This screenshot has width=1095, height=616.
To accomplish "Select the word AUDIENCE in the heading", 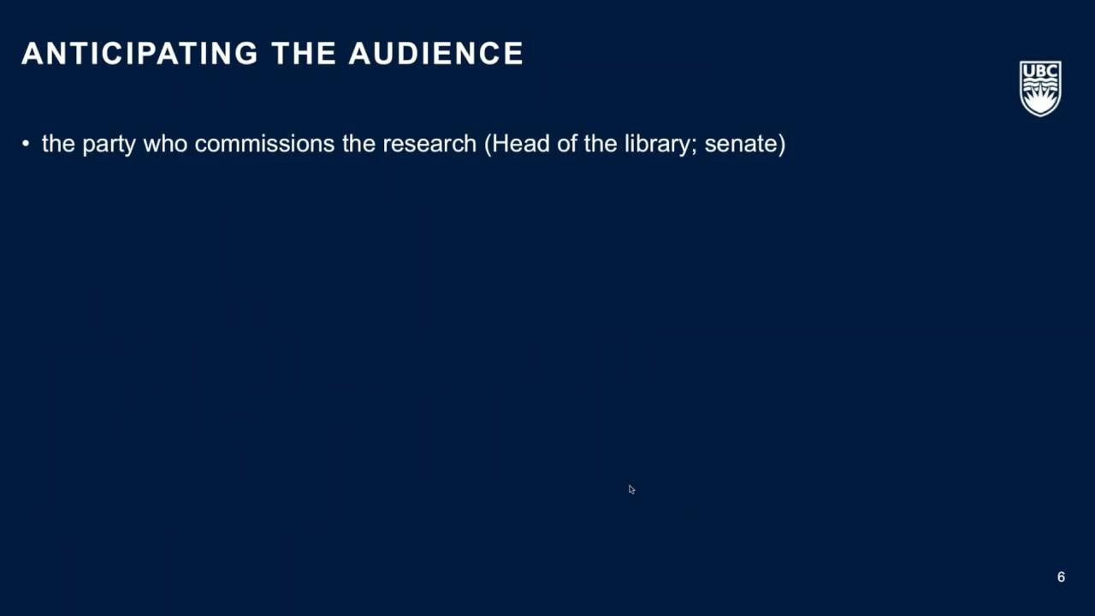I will tap(436, 53).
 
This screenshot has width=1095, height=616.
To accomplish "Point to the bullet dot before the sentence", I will tap(26, 145).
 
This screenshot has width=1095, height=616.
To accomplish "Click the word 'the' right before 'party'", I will tap(58, 144).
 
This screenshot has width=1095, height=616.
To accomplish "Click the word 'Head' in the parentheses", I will tap(518, 144).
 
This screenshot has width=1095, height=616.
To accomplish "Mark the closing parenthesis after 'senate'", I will tap(781, 144).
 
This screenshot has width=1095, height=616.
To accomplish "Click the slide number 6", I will tap(1061, 577).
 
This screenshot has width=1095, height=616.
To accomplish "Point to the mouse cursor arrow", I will tap(631, 489).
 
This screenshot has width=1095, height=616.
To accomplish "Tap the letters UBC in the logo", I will tap(1040, 71).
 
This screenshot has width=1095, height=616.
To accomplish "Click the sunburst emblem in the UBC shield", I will tap(1040, 98).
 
